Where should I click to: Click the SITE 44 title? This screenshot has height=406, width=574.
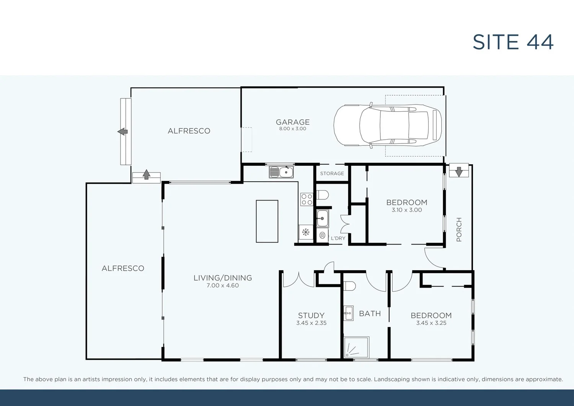click(513, 42)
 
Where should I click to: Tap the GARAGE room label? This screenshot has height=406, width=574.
click(293, 122)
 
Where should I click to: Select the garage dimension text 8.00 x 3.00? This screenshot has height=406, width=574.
click(293, 129)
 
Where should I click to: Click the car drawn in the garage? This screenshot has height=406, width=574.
click(387, 126)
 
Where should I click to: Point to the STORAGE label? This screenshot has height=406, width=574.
click(332, 173)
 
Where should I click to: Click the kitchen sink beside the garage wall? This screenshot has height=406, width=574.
click(281, 172)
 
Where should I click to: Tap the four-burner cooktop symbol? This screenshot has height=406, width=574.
click(307, 199)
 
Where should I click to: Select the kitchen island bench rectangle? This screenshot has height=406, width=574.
click(267, 221)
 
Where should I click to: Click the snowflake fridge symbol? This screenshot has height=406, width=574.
click(306, 232)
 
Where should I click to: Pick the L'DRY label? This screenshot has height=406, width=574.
click(338, 238)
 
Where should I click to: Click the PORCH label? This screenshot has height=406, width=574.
click(459, 229)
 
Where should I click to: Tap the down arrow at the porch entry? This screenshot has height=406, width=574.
click(459, 172)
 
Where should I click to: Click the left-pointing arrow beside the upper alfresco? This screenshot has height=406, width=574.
click(123, 132)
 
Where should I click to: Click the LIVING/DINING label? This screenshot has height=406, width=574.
click(223, 278)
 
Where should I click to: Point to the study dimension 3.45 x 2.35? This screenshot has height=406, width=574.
click(311, 323)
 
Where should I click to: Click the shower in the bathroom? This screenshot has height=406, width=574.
click(356, 347)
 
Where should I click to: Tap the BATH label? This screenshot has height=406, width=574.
click(370, 313)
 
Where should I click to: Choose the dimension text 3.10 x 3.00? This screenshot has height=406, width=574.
click(407, 210)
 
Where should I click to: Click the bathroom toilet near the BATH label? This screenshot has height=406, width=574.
click(349, 286)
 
